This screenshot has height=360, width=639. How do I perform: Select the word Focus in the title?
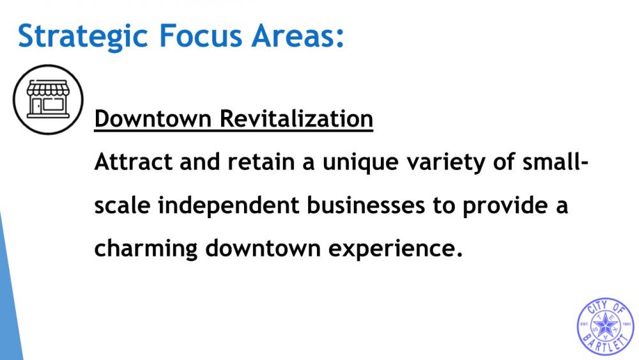(200, 36)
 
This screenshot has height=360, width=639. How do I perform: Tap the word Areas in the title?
(294, 36)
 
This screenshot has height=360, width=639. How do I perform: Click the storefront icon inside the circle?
(48, 99)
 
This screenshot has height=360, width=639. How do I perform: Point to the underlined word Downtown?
(153, 119)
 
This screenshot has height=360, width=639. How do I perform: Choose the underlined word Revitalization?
(296, 119)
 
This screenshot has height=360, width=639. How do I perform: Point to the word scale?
(122, 205)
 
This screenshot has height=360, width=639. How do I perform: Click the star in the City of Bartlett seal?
(606, 325)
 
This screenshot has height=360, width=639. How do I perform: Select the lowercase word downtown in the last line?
(263, 248)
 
